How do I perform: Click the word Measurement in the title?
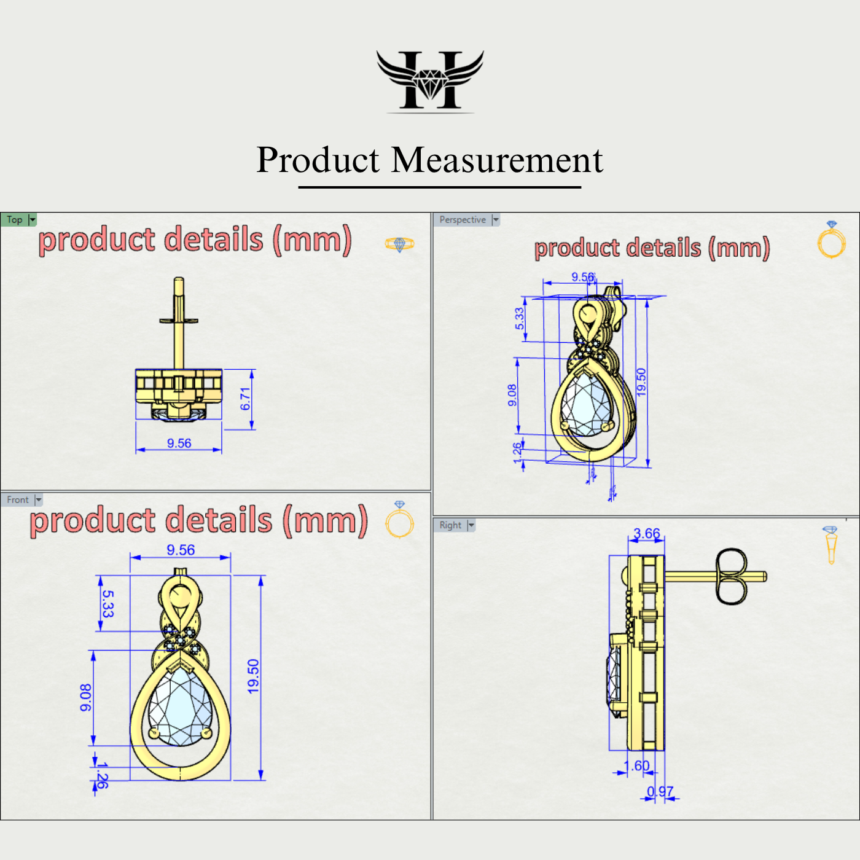click(497, 160)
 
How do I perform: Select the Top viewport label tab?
click(15, 220)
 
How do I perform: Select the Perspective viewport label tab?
click(462, 220)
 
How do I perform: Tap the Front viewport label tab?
click(17, 500)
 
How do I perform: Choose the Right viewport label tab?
click(450, 525)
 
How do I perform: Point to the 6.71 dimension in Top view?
click(246, 399)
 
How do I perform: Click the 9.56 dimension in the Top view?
click(179, 443)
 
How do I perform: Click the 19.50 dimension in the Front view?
click(253, 676)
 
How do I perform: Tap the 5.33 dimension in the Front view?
click(107, 603)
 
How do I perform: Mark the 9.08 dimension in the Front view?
click(85, 698)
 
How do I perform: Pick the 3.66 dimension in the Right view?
click(647, 533)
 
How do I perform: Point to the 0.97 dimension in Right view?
click(660, 791)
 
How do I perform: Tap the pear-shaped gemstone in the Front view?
click(180, 706)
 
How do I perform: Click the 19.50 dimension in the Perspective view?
click(641, 381)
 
